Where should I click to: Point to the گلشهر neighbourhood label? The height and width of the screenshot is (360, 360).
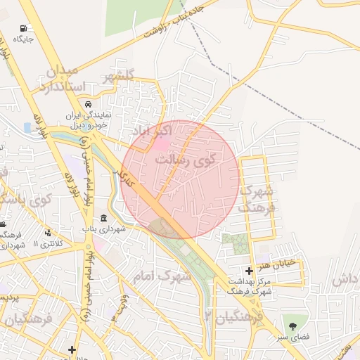(x=117, y=77)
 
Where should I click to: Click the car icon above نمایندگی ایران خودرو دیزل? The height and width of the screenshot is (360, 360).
(x=90, y=103)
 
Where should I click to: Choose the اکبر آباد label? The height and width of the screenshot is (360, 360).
(x=150, y=131)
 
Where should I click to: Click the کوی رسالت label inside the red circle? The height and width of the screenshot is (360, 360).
(x=190, y=160)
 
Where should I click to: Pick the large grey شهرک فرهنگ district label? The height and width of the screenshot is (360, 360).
(x=256, y=199)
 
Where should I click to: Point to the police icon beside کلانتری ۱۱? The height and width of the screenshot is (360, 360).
(x=48, y=232)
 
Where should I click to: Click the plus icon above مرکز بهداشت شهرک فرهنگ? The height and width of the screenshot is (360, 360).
(x=249, y=271)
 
